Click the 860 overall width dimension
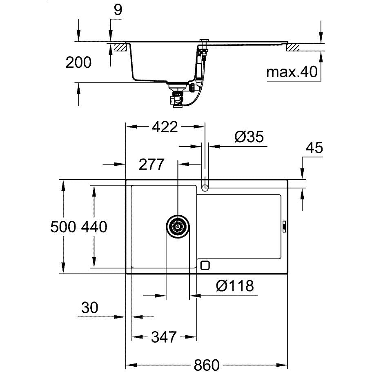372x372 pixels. [206, 364]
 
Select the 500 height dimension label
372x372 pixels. [63, 227]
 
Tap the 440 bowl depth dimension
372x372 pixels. [94, 227]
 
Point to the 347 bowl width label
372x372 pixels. [164, 337]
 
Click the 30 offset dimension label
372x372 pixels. [90, 307]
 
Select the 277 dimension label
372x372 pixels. [151, 164]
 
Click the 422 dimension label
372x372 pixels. [165, 127]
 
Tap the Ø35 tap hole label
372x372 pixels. [249, 136]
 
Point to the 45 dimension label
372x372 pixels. [314, 147]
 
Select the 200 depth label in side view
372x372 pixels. [78, 62]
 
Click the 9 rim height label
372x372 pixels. [118, 10]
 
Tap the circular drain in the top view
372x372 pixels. [178, 227]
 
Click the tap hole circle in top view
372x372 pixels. [205, 188]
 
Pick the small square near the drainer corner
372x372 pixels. [205, 265]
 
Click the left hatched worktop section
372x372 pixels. [120, 47]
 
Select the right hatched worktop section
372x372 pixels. [293, 47]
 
